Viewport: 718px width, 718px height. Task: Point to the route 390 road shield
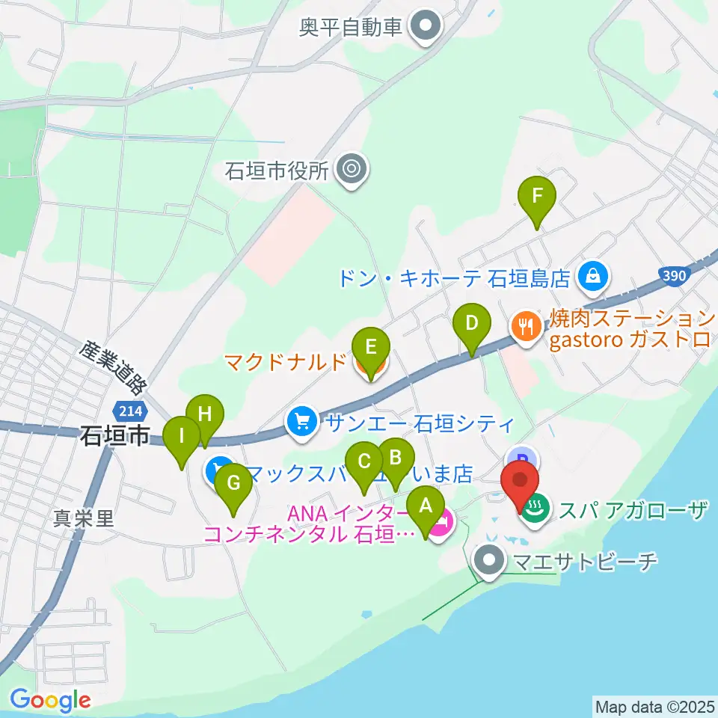coord(674,276)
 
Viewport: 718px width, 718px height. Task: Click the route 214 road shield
coord(126,409)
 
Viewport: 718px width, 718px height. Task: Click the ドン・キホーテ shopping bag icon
coord(592,277)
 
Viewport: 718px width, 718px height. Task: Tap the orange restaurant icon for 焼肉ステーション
coord(526,325)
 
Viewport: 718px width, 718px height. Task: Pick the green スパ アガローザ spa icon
coord(536,512)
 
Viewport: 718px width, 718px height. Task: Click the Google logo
coord(50,700)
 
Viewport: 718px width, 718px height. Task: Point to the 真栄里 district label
coord(84,518)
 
